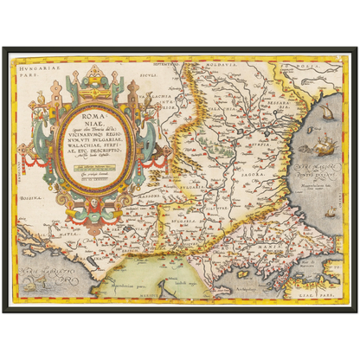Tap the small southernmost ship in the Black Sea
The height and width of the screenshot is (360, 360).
[330, 210]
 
